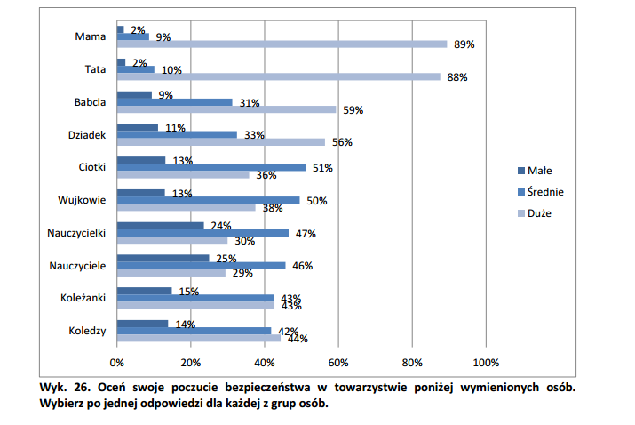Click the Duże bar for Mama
coord(282,44)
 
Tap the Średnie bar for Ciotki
coord(210,166)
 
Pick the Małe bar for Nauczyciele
coord(163,258)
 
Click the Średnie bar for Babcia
coord(174,101)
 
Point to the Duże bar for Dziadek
coord(220,141)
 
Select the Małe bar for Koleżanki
coord(144,291)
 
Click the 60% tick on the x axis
coord(337,363)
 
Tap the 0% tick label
coord(116,363)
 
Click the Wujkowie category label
coord(83,200)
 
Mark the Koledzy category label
coord(87,331)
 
